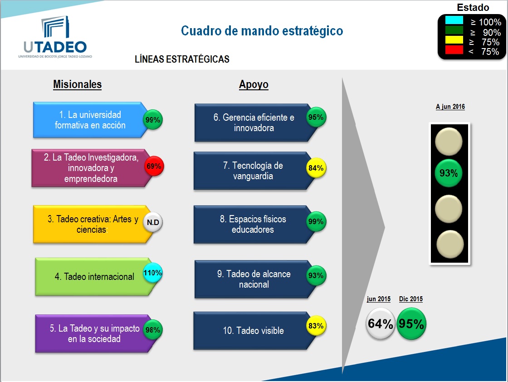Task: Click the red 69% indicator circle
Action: (154, 167)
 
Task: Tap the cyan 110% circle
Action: (153, 274)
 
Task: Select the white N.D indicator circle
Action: (153, 222)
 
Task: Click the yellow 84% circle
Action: (316, 168)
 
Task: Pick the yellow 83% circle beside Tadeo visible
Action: (316, 326)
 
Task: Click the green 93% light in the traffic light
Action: (448, 173)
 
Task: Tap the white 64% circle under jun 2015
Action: (380, 324)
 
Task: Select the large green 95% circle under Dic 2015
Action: (411, 324)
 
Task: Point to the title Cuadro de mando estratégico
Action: (262, 31)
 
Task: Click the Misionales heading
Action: (77, 84)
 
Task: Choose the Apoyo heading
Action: (254, 85)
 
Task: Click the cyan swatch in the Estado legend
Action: (454, 20)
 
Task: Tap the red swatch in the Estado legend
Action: (454, 50)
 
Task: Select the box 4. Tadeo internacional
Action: (91, 277)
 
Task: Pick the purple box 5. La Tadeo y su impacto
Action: (91, 333)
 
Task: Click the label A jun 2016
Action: (450, 107)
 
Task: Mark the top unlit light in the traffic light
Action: (448, 141)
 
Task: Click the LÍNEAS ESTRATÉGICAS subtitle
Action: (182, 59)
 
